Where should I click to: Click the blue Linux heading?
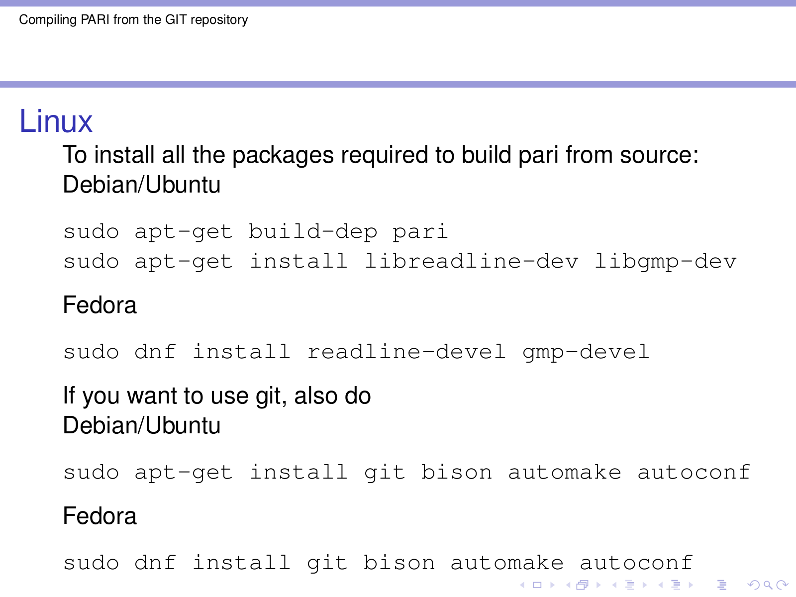click(56, 121)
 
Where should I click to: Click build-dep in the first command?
click(313, 232)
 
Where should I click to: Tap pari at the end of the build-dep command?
click(420, 232)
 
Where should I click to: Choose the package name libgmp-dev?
click(666, 262)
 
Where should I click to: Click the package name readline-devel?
click(406, 352)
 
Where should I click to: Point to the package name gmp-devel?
click(586, 352)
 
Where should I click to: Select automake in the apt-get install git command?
click(565, 473)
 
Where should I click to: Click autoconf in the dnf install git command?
click(636, 563)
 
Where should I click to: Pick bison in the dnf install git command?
click(399, 563)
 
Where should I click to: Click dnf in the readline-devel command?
click(155, 352)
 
